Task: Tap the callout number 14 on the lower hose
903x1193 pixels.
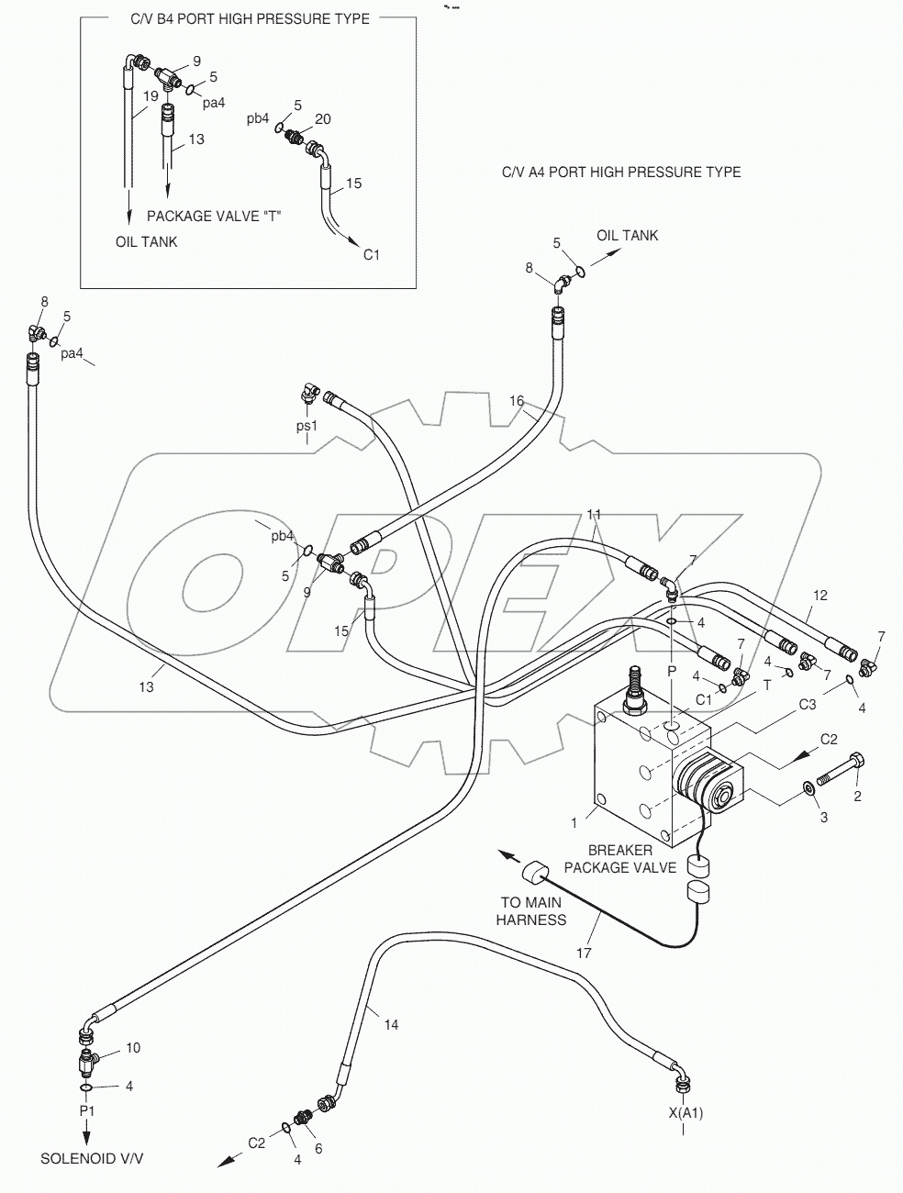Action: pyautogui.click(x=391, y=1025)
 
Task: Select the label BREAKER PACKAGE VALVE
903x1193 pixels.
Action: pyautogui.click(x=620, y=859)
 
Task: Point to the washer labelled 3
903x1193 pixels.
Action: pyautogui.click(x=808, y=788)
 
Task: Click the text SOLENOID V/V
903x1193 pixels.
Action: pyautogui.click(x=92, y=1159)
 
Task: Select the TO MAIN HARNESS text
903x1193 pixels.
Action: pyautogui.click(x=531, y=911)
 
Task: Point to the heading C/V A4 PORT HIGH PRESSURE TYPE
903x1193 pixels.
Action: pyautogui.click(x=621, y=172)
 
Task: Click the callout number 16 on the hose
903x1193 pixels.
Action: pyautogui.click(x=517, y=401)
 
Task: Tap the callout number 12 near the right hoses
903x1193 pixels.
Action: pyautogui.click(x=819, y=596)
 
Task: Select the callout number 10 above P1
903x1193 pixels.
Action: pyautogui.click(x=133, y=1048)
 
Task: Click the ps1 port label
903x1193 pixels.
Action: pyautogui.click(x=306, y=426)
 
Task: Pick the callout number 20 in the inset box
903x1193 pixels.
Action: pyautogui.click(x=322, y=119)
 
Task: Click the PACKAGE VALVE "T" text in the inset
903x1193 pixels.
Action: pyautogui.click(x=214, y=217)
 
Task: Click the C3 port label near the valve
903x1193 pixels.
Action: pyautogui.click(x=807, y=705)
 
